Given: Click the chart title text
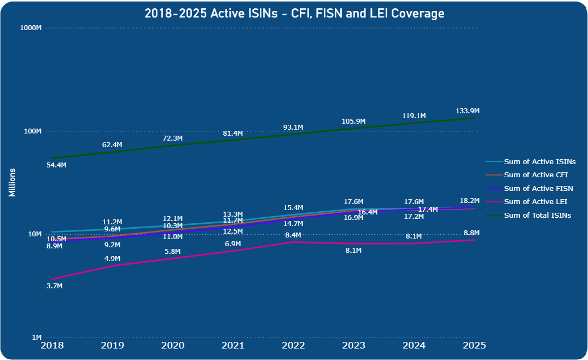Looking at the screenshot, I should point(294,13).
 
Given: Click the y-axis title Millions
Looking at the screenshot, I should point(12,183).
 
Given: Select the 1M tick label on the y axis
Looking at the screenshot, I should point(36,338).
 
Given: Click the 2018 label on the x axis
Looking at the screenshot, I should point(53,346).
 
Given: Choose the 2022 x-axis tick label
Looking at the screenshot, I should point(294,346).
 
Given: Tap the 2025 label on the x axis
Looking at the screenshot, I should point(474,346).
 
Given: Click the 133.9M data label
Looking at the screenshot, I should point(468,112).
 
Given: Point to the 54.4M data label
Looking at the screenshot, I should point(56,165).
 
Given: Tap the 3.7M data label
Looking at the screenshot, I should point(55,286).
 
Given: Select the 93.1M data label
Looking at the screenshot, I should point(293,127).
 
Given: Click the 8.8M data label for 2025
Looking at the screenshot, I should point(471,233).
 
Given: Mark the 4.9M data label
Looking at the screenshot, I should point(112,259).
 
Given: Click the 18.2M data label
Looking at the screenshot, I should point(469,201).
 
